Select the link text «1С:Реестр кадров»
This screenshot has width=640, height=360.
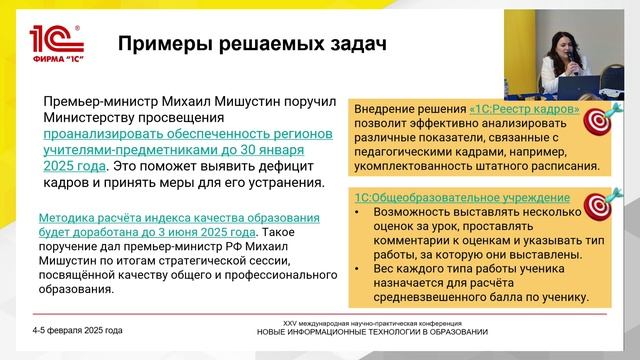(x=524, y=109)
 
